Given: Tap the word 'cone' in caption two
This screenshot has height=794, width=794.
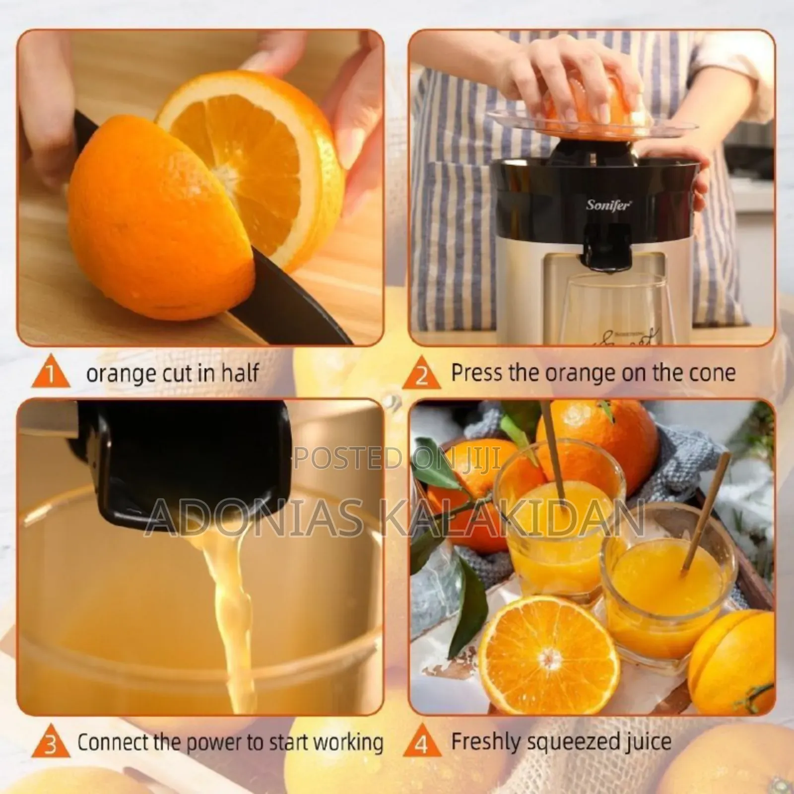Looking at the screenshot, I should tap(710, 372).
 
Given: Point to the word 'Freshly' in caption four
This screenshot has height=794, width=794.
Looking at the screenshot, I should tap(485, 742).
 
